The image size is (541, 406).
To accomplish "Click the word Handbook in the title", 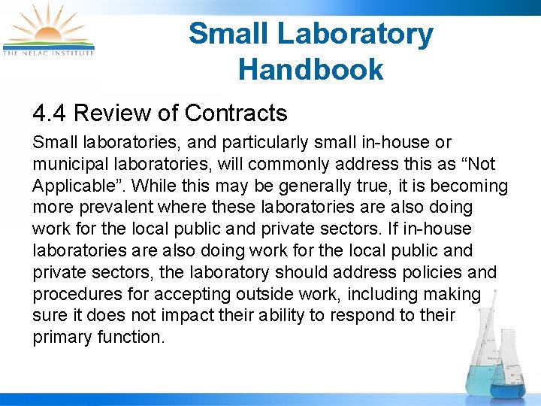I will (310, 70).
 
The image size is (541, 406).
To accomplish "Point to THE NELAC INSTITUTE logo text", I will (49, 53).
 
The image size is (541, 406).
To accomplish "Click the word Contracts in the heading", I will (236, 114).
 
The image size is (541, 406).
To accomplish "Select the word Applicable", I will (71, 186).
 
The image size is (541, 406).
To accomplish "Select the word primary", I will (62, 338).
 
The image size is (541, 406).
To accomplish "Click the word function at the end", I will (131, 338).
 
